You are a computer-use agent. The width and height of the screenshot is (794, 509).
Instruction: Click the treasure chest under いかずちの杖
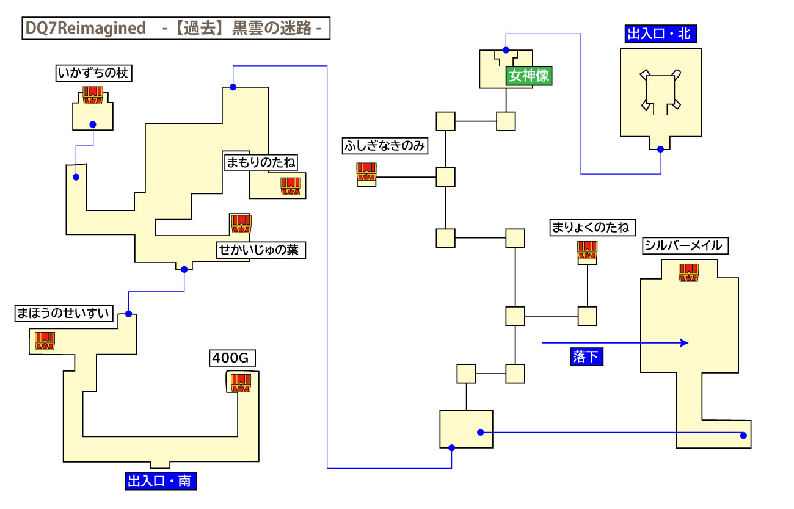[92, 96]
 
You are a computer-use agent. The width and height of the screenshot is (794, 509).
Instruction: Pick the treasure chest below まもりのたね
[291, 186]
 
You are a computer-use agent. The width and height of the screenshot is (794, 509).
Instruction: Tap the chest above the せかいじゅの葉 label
[241, 224]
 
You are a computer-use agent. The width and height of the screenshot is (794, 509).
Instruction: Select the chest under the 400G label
[241, 381]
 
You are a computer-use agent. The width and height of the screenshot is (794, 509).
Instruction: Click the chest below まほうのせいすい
[45, 341]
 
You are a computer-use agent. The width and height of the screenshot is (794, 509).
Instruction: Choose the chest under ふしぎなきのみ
[366, 173]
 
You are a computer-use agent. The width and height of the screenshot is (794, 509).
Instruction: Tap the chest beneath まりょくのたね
[587, 251]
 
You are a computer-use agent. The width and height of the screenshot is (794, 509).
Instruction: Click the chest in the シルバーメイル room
[689, 272]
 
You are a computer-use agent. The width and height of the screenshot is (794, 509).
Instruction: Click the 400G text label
[224, 358]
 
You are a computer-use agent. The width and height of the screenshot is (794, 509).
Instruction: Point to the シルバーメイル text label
[683, 246]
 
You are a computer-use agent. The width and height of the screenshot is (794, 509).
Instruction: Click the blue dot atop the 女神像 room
[506, 50]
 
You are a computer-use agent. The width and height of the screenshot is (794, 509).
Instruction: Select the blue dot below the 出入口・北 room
[660, 148]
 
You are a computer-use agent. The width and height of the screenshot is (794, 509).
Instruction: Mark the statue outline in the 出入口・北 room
[660, 92]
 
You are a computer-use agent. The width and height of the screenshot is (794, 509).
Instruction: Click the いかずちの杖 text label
[94, 74]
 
